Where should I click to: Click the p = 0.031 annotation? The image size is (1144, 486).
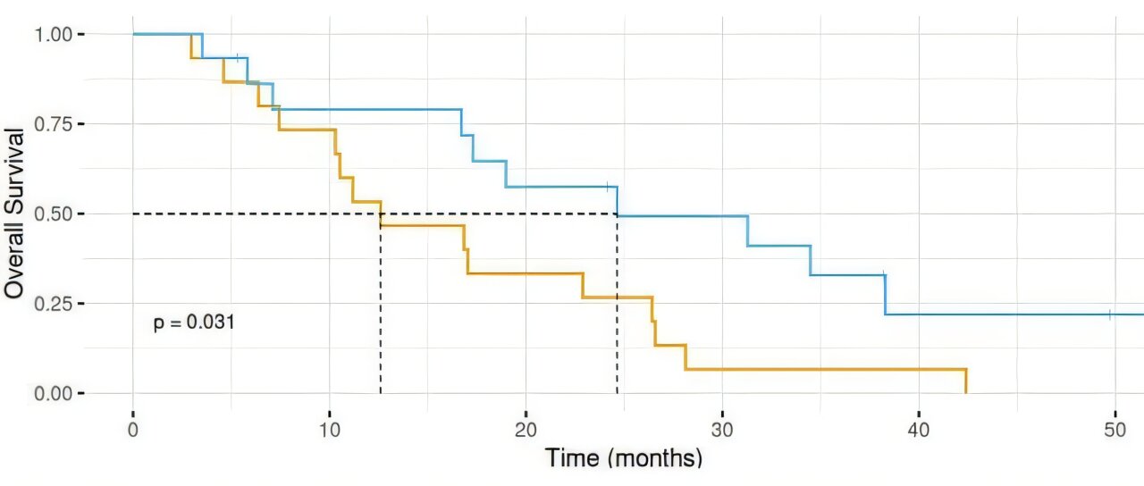point(194,323)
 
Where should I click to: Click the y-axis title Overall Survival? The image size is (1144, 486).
point(14,213)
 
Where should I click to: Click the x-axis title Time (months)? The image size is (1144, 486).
point(624,459)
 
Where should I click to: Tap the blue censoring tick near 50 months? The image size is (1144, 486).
point(1109,314)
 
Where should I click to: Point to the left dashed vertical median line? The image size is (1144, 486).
point(381,304)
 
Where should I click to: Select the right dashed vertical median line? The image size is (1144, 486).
point(618,304)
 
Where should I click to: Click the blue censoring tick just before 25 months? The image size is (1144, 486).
point(608,187)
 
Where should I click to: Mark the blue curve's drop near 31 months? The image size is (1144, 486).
point(747,230)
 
